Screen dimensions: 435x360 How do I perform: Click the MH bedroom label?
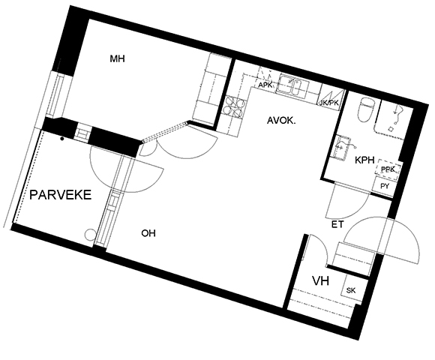pyautogui.click(x=117, y=58)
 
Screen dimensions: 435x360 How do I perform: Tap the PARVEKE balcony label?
pyautogui.click(x=61, y=195)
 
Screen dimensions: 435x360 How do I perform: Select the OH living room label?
pyautogui.click(x=148, y=233)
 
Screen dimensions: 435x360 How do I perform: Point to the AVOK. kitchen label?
pyautogui.click(x=281, y=121)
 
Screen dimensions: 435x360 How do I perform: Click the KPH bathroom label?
pyautogui.click(x=364, y=160)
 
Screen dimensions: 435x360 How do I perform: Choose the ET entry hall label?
pyautogui.click(x=337, y=224)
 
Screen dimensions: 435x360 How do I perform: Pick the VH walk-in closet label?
pyautogui.click(x=321, y=281)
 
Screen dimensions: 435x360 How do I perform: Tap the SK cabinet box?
pyautogui.click(x=352, y=290)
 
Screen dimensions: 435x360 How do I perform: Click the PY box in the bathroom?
pyautogui.click(x=384, y=186)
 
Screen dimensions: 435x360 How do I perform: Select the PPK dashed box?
pyautogui.click(x=388, y=168)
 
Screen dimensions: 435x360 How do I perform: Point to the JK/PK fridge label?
pyautogui.click(x=329, y=103)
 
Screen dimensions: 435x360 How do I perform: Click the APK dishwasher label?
pyautogui.click(x=265, y=85)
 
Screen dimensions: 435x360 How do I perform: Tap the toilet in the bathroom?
pyautogui.click(x=366, y=109)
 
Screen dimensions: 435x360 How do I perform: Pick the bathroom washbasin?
pyautogui.click(x=340, y=147)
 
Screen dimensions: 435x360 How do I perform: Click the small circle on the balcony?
pyautogui.click(x=89, y=235)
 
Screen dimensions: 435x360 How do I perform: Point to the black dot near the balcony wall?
pyautogui.click(x=62, y=139)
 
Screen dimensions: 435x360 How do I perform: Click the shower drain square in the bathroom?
pyautogui.click(x=391, y=129)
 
